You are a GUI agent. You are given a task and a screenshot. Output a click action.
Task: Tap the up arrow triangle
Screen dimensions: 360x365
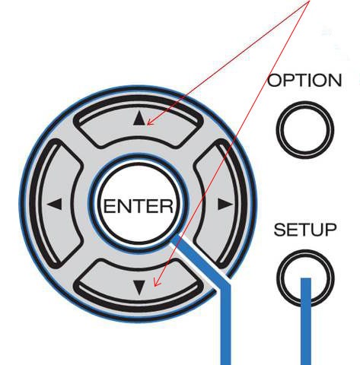(139, 119)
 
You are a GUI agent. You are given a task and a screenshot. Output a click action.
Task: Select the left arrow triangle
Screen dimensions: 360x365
(55, 204)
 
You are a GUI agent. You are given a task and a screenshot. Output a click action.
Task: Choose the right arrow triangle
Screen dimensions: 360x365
(225, 204)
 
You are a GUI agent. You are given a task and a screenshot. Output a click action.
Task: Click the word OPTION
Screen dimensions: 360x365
(304, 81)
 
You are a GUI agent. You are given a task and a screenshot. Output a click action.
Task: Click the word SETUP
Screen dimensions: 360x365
(305, 230)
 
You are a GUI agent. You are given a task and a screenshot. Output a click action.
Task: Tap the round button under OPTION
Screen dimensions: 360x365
(304, 130)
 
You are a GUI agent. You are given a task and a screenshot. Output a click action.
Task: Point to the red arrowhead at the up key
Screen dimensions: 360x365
(150, 122)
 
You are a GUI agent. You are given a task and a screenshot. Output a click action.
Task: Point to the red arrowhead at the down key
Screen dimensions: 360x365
(157, 283)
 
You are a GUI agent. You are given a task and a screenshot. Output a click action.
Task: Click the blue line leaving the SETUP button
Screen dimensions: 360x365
(306, 322)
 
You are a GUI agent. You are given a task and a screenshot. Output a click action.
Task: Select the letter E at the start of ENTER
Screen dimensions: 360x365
(109, 206)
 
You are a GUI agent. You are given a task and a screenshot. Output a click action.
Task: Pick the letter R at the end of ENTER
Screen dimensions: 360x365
(167, 206)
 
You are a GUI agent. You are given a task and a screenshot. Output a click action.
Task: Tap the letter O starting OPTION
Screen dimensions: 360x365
(274, 81)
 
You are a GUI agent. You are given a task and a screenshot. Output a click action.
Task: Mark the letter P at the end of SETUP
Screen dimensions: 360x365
(331, 230)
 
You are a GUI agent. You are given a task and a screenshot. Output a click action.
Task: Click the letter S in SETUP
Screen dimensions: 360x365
(279, 230)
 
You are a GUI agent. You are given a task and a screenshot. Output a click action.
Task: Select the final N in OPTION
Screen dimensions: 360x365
(336, 81)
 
